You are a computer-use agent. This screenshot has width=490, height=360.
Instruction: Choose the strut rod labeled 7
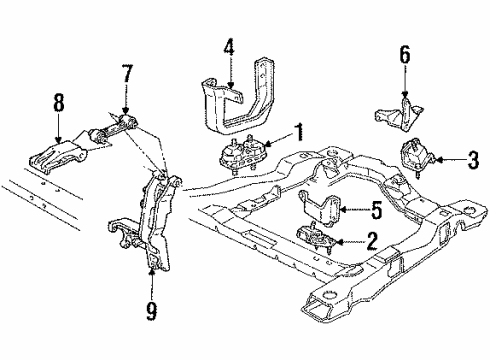pyautogui.click(x=115, y=128)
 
